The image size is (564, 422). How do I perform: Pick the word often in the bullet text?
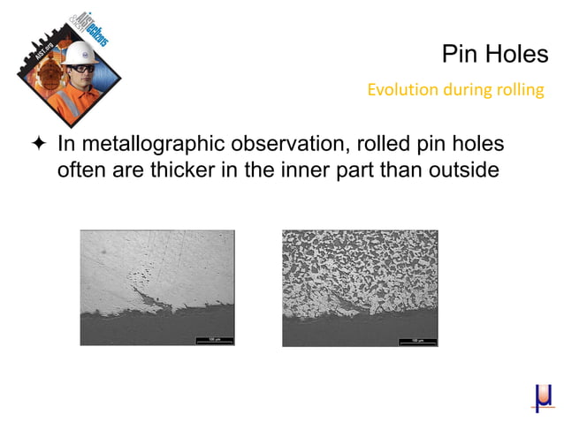tap(80, 169)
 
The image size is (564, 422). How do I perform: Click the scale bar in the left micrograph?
tap(213, 338)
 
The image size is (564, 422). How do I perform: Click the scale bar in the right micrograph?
tap(416, 338)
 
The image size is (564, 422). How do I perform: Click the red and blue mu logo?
tap(543, 398)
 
